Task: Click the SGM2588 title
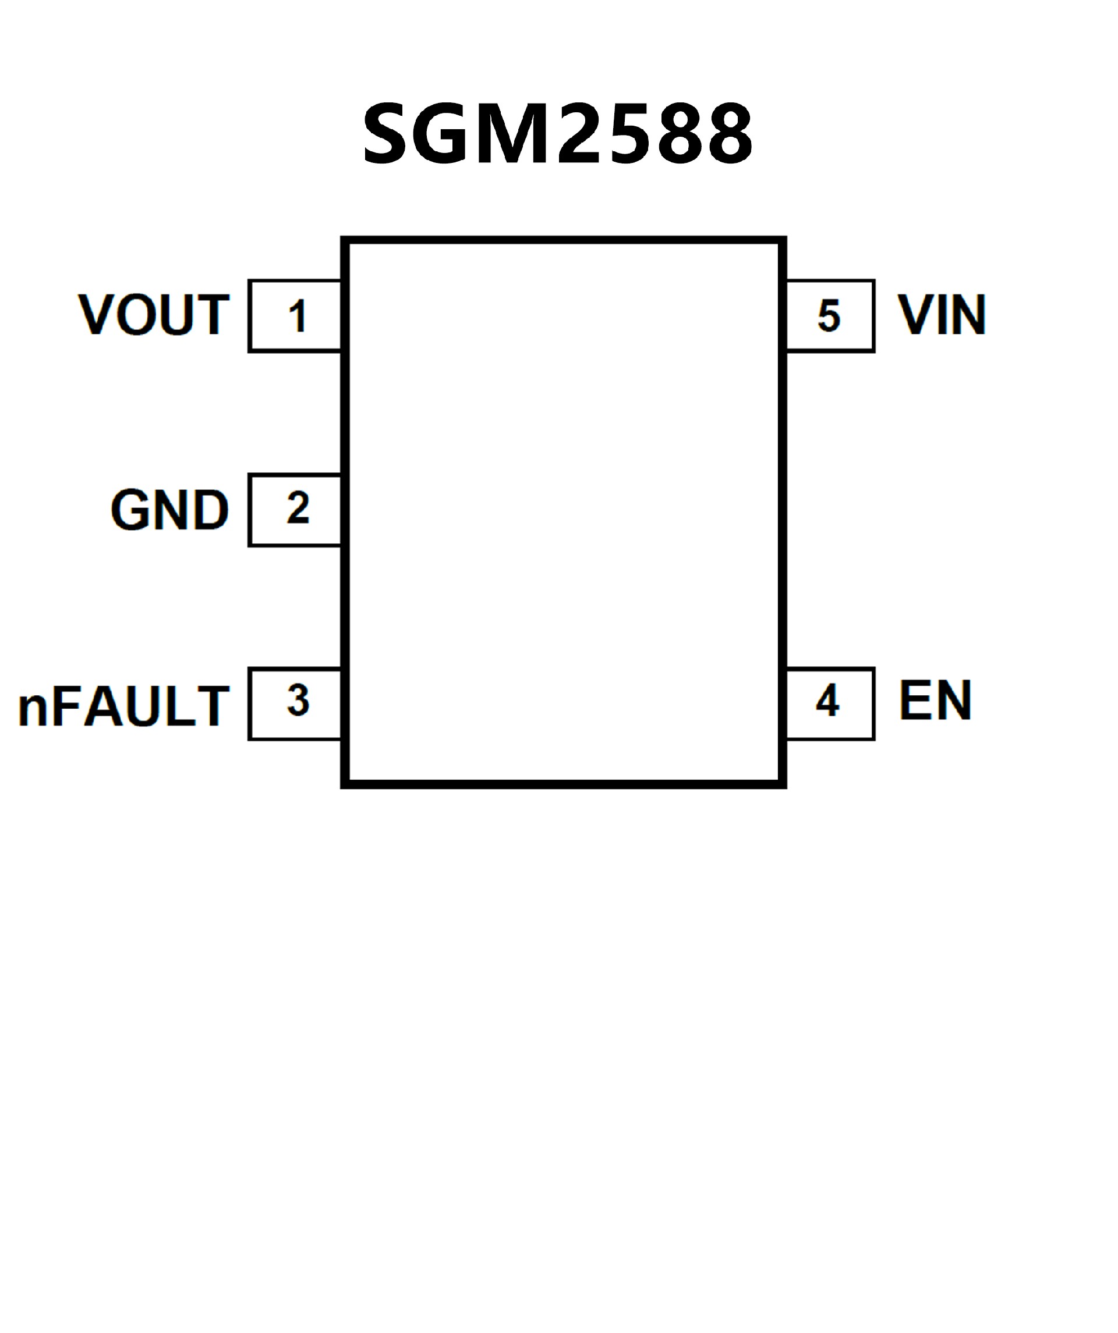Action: coord(558,134)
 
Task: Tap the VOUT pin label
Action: coord(154,315)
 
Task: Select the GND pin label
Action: coord(169,510)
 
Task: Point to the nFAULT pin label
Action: coord(124,706)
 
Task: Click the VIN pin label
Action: coord(942,315)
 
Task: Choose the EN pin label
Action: coord(935,701)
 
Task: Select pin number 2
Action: coord(298,509)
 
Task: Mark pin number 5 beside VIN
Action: coord(829,316)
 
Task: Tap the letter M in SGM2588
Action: coord(512,134)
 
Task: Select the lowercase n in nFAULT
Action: coord(33,710)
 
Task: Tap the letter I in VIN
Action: coord(943,315)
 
